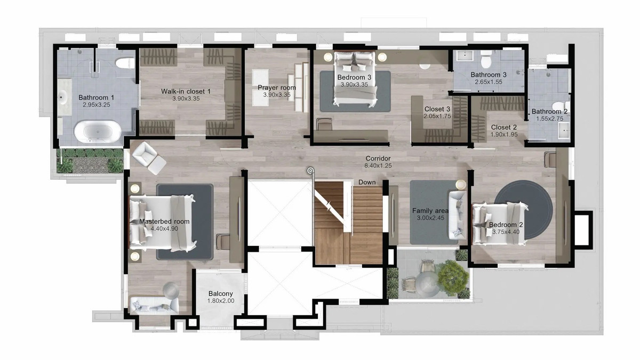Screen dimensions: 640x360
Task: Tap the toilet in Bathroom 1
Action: click(x=125, y=63)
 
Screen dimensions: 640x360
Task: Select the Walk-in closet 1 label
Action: click(x=186, y=91)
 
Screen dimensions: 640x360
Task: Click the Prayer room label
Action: click(x=277, y=87)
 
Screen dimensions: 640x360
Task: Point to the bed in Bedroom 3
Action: click(x=355, y=79)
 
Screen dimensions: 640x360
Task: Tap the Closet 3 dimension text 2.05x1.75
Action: click(x=437, y=116)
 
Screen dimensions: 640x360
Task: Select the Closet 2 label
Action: click(x=503, y=127)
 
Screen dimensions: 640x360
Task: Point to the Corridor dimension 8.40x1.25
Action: click(x=378, y=165)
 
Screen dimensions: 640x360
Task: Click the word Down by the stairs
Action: click(x=367, y=182)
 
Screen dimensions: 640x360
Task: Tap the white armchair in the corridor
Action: click(x=149, y=158)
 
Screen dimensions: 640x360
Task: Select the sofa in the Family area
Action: click(x=458, y=215)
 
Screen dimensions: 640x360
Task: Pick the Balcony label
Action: click(x=221, y=294)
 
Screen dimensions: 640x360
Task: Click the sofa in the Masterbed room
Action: click(x=154, y=306)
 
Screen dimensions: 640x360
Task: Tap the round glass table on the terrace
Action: click(x=427, y=285)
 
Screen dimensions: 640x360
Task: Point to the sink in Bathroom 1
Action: click(x=61, y=98)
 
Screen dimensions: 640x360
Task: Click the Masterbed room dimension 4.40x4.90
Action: click(x=164, y=229)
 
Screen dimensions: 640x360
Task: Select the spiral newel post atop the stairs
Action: click(x=310, y=171)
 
